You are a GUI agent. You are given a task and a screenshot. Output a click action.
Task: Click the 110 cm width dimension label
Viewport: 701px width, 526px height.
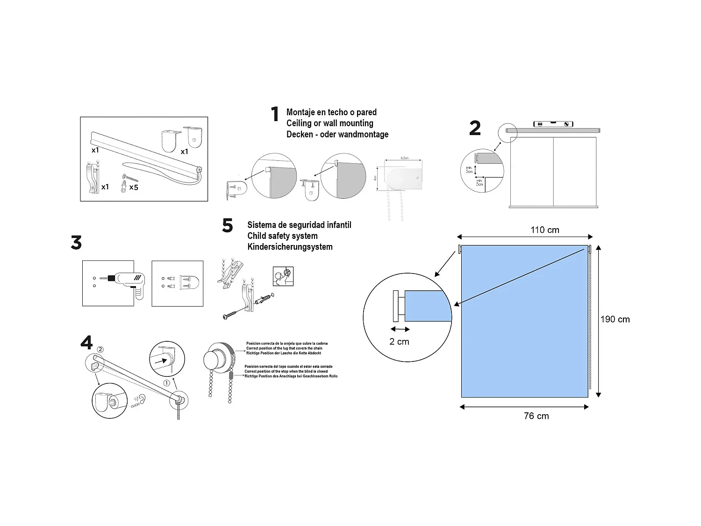click(x=544, y=230)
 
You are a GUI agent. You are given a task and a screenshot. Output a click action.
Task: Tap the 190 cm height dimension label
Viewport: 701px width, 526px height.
click(x=615, y=319)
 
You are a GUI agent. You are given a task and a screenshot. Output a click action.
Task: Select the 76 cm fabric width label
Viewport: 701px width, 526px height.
click(x=536, y=416)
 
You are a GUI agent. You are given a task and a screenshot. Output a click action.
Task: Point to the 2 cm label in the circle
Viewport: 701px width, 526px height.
click(x=399, y=342)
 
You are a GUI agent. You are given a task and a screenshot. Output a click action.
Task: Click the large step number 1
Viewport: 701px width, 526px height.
click(x=275, y=114)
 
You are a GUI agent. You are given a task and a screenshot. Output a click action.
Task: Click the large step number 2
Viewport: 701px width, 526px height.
click(x=475, y=128)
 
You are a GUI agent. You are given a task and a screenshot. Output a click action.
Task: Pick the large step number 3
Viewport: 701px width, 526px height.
click(x=76, y=243)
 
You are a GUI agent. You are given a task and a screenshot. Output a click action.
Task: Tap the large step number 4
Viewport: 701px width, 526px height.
click(x=86, y=343)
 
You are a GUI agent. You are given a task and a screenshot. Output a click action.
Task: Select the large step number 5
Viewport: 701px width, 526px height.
click(x=228, y=226)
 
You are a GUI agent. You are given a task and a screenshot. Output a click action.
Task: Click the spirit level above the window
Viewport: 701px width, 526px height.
click(x=553, y=124)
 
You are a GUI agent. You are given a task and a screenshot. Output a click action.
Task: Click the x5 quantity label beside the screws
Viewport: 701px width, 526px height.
click(x=134, y=187)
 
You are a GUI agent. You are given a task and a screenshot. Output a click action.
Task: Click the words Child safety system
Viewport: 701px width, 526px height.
click(x=282, y=236)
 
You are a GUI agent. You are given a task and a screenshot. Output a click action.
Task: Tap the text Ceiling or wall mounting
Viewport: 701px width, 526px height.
click(x=329, y=123)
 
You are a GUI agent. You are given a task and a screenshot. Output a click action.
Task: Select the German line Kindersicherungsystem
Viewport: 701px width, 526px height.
click(x=290, y=247)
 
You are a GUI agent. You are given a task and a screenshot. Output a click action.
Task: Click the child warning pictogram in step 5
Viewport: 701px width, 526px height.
click(x=283, y=276)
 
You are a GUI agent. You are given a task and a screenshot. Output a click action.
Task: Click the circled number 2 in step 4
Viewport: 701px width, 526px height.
click(x=100, y=349)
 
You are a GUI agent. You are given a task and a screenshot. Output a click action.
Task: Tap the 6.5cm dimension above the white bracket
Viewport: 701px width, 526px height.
click(x=404, y=158)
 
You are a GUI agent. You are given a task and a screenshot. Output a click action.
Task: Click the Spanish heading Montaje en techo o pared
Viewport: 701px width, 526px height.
click(x=331, y=112)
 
